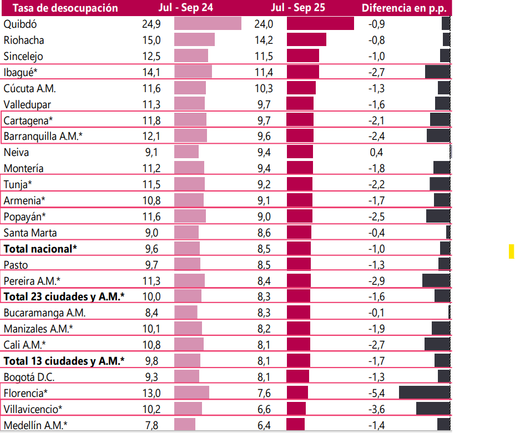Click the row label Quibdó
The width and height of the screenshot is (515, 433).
(x=20, y=24)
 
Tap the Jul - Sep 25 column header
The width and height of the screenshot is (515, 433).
(x=298, y=8)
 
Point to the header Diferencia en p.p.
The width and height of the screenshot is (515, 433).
(x=405, y=8)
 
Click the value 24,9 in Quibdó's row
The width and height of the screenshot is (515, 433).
(x=151, y=24)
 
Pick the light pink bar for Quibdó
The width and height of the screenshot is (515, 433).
(x=208, y=24)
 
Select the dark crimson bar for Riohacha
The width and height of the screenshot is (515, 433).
(x=306, y=40)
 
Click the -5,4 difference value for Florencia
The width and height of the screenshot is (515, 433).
(x=377, y=393)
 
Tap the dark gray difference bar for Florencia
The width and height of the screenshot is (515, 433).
(x=424, y=393)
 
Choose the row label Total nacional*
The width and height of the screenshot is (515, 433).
(x=39, y=249)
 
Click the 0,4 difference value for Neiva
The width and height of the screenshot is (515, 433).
(x=377, y=153)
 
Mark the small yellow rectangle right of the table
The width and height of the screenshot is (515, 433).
(x=512, y=251)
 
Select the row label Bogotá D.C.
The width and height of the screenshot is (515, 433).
(x=29, y=377)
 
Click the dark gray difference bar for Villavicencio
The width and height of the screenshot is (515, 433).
(x=433, y=409)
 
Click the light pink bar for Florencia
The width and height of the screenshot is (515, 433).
(x=191, y=393)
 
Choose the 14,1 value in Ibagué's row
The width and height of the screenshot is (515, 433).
(x=151, y=72)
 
